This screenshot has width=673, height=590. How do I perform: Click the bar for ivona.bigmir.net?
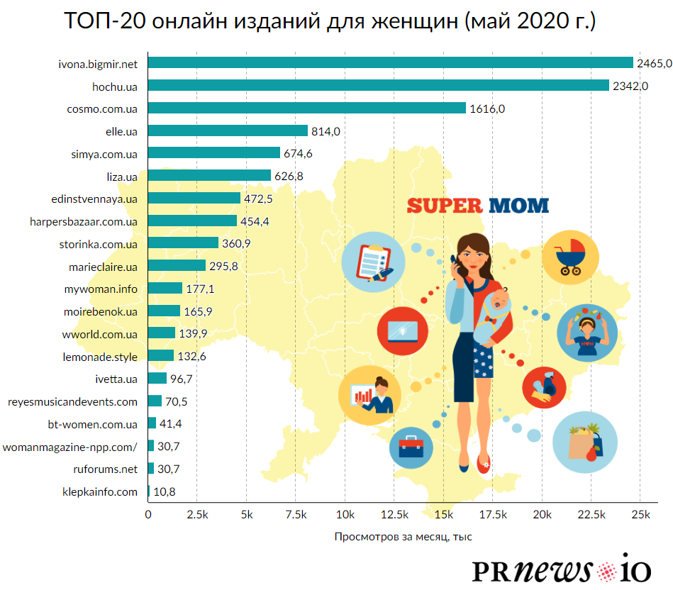coord(390,63)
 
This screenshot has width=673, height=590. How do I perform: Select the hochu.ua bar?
coord(378,86)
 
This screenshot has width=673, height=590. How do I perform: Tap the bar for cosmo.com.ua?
coord(306,108)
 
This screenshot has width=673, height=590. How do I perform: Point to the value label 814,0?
coord(326,131)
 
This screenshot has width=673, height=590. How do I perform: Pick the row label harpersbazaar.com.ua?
coord(84,221)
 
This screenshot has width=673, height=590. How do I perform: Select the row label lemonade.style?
coord(100,356)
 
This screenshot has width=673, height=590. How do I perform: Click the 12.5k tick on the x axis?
coord(394,514)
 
